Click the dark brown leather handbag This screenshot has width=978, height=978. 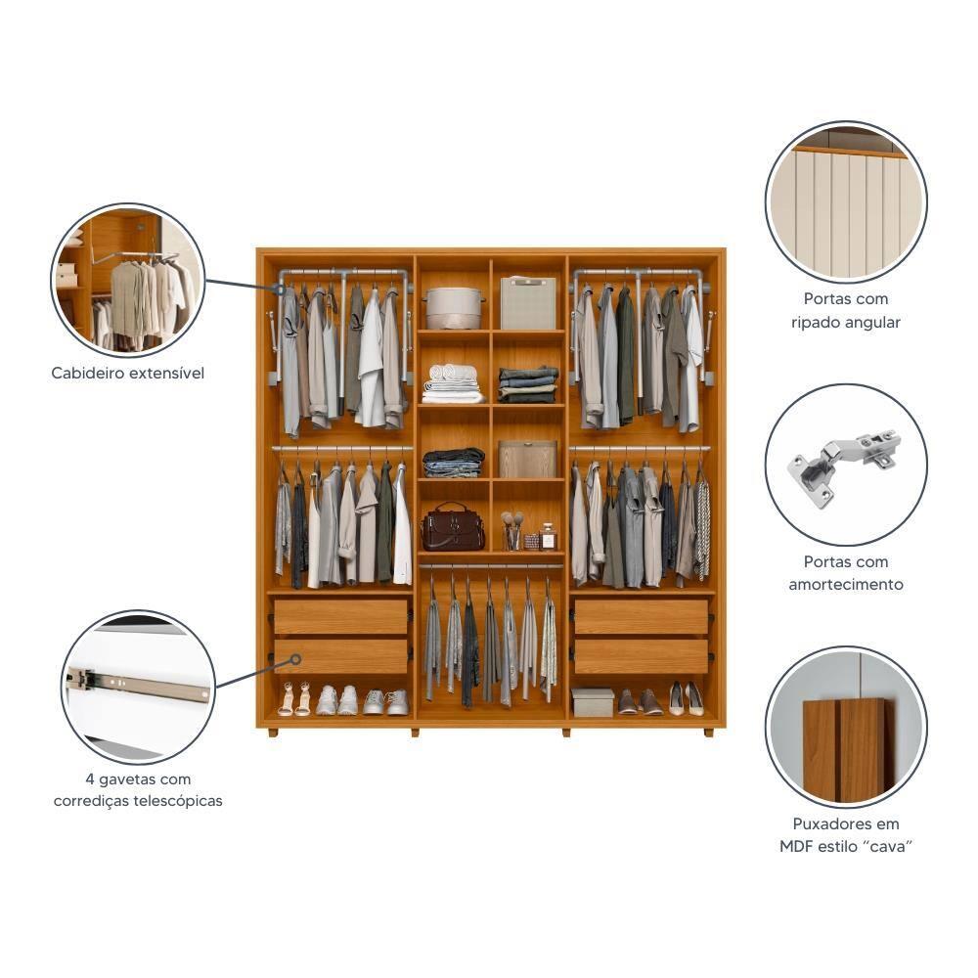(453, 528)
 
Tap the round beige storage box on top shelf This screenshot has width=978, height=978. (454, 307)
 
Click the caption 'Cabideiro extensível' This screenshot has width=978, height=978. (128, 373)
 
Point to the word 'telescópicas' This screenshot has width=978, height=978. (179, 801)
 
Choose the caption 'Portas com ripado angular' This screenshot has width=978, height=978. (846, 310)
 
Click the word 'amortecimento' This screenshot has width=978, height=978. (846, 585)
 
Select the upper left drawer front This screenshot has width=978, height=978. (341, 617)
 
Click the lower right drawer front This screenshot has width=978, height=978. (642, 656)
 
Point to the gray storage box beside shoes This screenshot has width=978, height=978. (593, 701)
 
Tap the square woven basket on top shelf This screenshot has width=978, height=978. (528, 302)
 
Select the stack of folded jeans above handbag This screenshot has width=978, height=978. (454, 462)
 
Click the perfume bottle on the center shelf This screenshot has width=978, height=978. (549, 537)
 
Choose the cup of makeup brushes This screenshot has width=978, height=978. (511, 532)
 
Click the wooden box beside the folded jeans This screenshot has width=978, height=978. (528, 459)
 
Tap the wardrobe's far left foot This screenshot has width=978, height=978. (273, 732)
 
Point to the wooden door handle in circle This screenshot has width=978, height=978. (844, 748)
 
